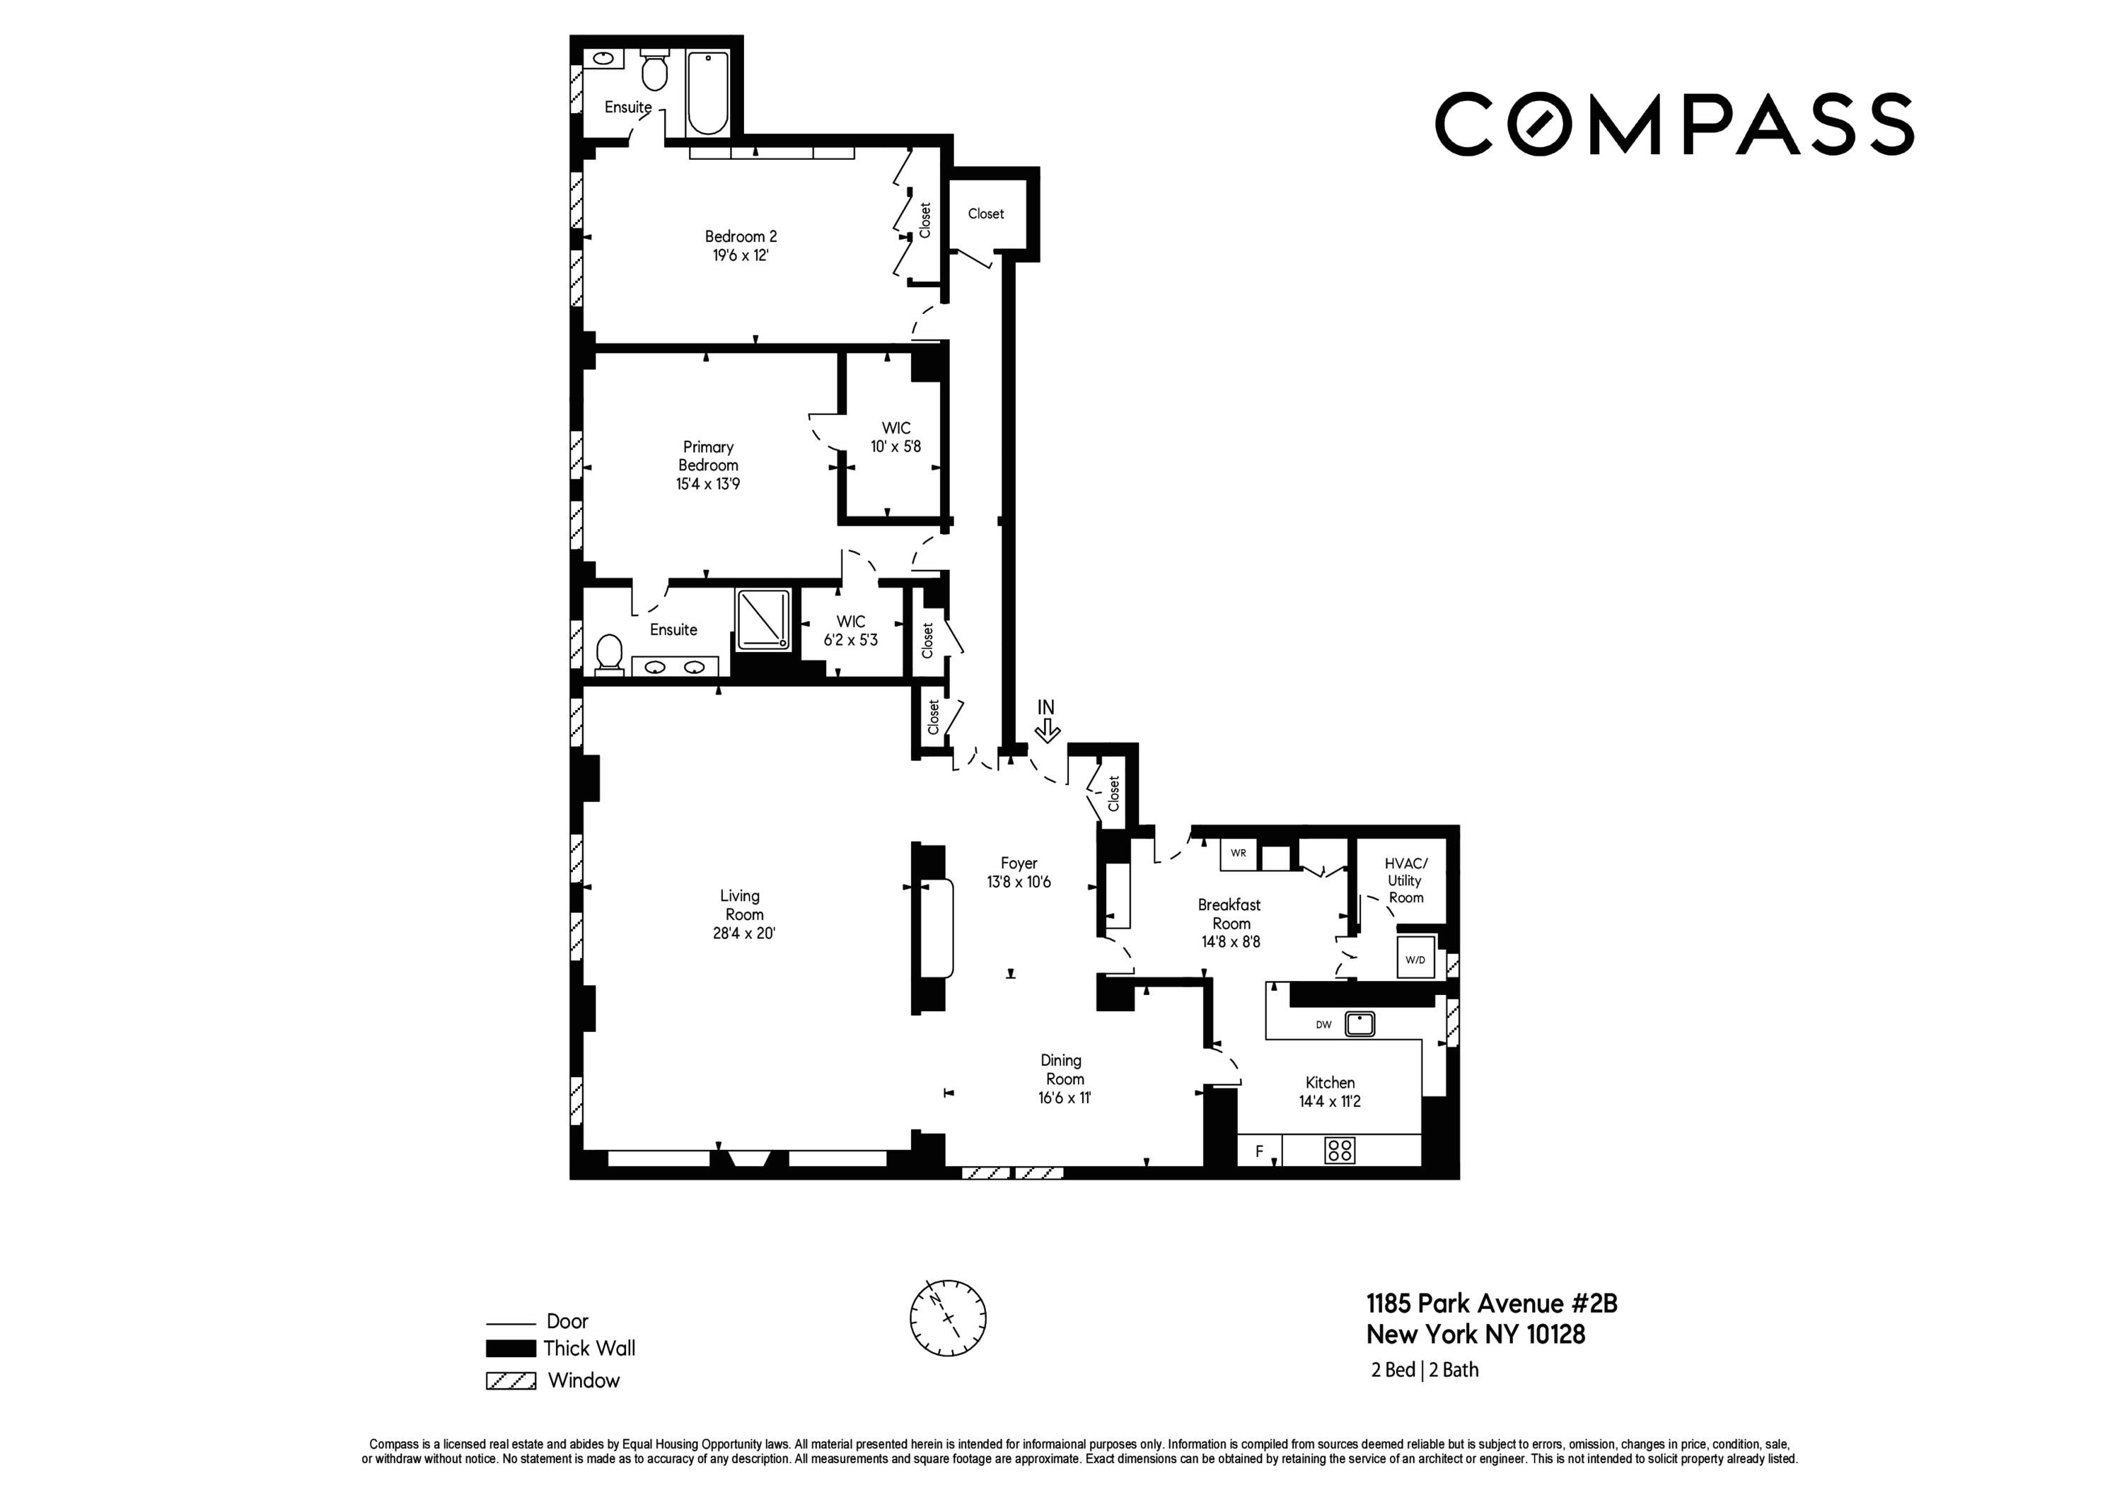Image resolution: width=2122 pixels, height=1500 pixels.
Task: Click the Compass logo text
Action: coord(1673,123)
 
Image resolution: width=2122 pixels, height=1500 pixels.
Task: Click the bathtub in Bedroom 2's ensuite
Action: coord(708,93)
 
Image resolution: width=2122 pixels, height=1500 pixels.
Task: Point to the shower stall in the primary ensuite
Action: coord(763,618)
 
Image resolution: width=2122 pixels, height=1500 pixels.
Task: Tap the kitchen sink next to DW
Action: coord(1359,1024)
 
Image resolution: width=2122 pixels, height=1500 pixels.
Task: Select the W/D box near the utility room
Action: coord(1415,959)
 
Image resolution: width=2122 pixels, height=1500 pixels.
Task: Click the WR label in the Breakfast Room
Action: coord(1239,853)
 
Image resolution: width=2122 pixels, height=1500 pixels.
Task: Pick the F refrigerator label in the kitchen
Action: coord(1259,1151)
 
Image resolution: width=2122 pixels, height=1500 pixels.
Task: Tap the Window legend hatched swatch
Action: coord(511,1380)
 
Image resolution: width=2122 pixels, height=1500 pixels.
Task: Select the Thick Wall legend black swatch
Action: coord(511,1349)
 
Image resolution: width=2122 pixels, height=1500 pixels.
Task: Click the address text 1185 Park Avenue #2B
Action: coord(1492,1303)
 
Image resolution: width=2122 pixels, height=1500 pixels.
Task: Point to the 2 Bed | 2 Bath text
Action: coord(1425,1370)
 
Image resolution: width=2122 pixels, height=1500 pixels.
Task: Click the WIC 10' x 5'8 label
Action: coord(895,437)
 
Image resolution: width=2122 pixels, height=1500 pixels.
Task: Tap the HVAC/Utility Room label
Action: coord(1405,880)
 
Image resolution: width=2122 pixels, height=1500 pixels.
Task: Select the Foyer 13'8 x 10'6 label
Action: coord(1019,873)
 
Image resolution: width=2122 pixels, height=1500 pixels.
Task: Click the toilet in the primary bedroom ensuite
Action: coord(609,653)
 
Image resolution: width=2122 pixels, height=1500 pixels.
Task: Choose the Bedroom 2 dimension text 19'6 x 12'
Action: coord(741,255)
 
